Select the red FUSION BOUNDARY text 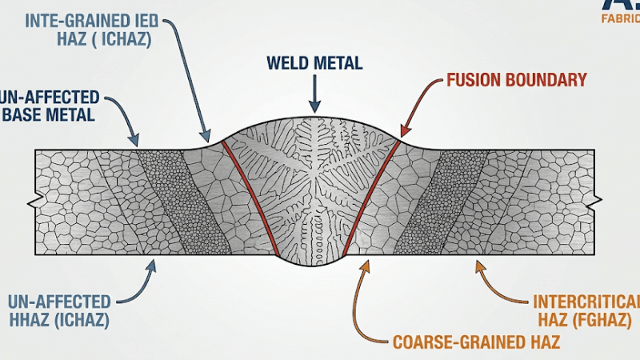pyautogui.click(x=517, y=80)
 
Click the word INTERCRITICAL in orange pyautogui.click(x=586, y=302)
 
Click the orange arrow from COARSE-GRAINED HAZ pyautogui.click(x=362, y=296)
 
